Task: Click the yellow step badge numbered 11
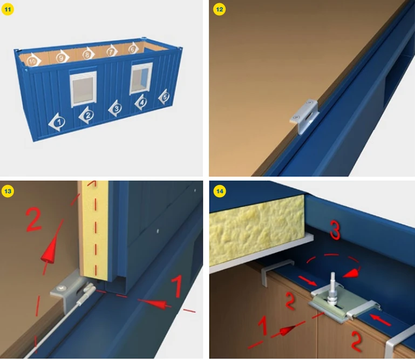[x=8, y=8]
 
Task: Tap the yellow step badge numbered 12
[x=219, y=8]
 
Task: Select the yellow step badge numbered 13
[x=8, y=191]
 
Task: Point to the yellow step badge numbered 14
[x=219, y=191]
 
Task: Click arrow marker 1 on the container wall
[x=58, y=122]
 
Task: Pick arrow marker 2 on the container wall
[x=87, y=114]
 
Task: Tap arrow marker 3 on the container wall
[x=115, y=108]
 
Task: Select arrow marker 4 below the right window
[x=141, y=101]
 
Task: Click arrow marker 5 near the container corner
[x=164, y=97]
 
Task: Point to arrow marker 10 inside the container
[x=33, y=60]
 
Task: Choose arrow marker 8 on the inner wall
[x=87, y=54]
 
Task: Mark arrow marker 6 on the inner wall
[x=133, y=50]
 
